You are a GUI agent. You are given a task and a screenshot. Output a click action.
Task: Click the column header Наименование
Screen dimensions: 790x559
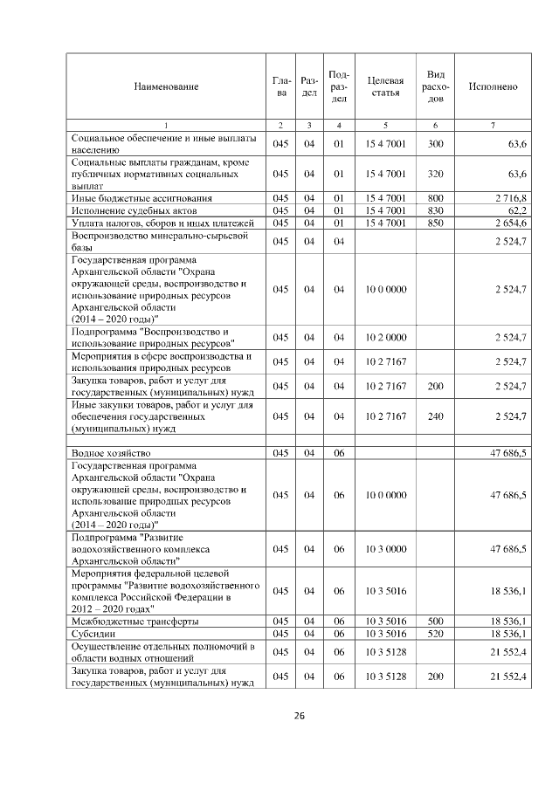(166, 86)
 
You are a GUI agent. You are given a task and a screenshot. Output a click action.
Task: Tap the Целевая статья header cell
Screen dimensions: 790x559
(385, 86)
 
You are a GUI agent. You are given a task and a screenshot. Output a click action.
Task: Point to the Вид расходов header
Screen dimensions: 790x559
(436, 86)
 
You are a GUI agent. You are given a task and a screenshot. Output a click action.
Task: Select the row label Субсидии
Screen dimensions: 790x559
(92, 633)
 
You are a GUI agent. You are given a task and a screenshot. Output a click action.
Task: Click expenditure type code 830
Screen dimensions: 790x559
(436, 210)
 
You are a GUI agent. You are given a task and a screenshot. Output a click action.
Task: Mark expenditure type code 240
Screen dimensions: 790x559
(436, 416)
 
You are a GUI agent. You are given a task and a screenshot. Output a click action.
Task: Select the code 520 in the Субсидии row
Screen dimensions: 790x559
(436, 633)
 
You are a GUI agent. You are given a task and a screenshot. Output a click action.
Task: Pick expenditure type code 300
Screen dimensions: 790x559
(436, 143)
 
